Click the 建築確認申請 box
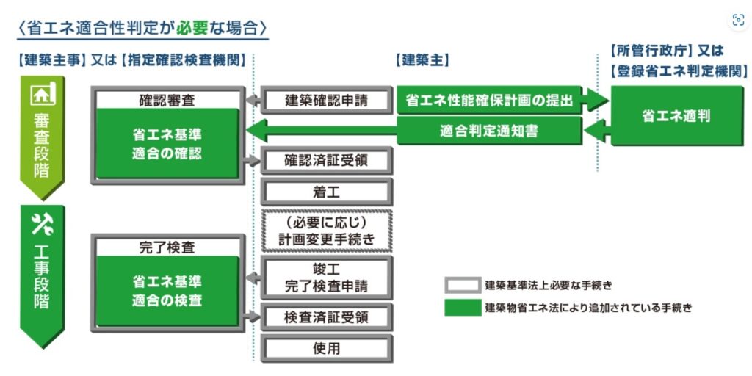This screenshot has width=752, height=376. pyautogui.click(x=327, y=101)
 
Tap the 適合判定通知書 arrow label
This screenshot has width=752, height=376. pyautogui.click(x=488, y=131)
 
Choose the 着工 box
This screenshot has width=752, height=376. pyautogui.click(x=327, y=192)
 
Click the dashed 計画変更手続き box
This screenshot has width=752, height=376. pyautogui.click(x=327, y=231)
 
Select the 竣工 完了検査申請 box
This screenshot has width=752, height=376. pyautogui.click(x=327, y=278)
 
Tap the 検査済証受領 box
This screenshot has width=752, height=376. pyautogui.click(x=327, y=317)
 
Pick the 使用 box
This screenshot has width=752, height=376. pyautogui.click(x=327, y=348)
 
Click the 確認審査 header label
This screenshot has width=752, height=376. pyautogui.click(x=167, y=100)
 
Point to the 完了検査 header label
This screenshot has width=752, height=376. pyautogui.click(x=167, y=247)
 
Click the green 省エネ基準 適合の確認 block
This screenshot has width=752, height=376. pyautogui.click(x=167, y=144)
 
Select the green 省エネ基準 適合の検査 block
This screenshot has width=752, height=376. pyautogui.click(x=167, y=291)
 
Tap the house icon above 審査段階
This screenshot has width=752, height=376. pyautogui.click(x=42, y=95)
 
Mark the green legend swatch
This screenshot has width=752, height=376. pyautogui.click(x=462, y=308)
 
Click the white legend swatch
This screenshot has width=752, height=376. pyautogui.click(x=462, y=285)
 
